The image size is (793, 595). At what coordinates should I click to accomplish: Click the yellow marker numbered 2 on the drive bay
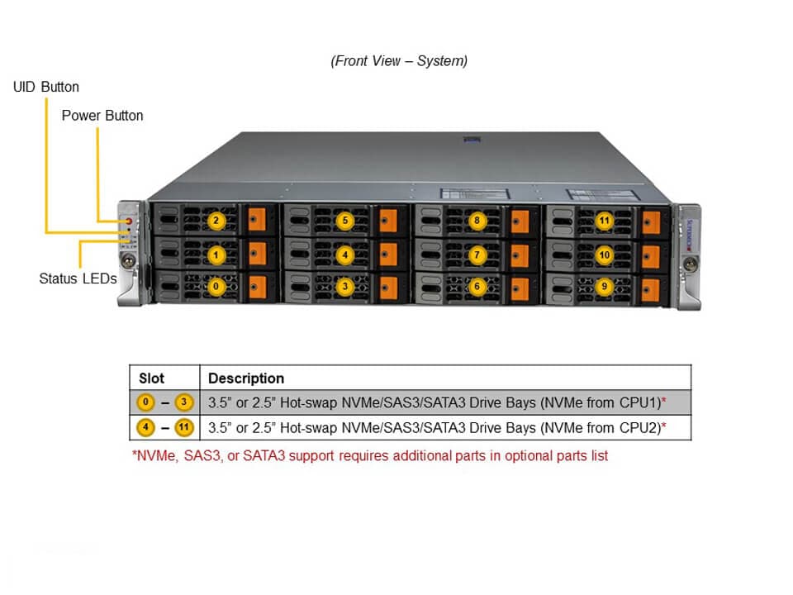[216, 221]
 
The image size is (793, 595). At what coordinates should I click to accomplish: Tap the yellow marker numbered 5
[345, 221]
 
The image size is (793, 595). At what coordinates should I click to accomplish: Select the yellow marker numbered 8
[477, 221]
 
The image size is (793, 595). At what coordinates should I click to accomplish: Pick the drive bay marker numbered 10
[605, 255]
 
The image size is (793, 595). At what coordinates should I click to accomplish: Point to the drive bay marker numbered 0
[216, 286]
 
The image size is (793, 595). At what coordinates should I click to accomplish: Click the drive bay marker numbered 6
[477, 286]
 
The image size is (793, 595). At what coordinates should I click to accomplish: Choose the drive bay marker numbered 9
[605, 286]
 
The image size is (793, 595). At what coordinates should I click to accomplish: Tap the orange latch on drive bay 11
[652, 222]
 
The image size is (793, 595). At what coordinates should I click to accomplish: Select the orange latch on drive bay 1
[258, 254]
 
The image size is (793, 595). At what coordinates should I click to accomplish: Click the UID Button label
[46, 87]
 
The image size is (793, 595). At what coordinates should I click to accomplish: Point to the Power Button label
[102, 116]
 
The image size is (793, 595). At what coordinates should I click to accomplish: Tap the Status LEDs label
[78, 278]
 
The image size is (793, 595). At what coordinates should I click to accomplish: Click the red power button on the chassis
[129, 221]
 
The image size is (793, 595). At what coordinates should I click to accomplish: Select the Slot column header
[151, 378]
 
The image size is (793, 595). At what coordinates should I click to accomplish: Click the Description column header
[246, 378]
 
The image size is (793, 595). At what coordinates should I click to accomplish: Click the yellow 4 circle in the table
[145, 428]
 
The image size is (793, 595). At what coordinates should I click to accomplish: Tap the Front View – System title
[399, 61]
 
